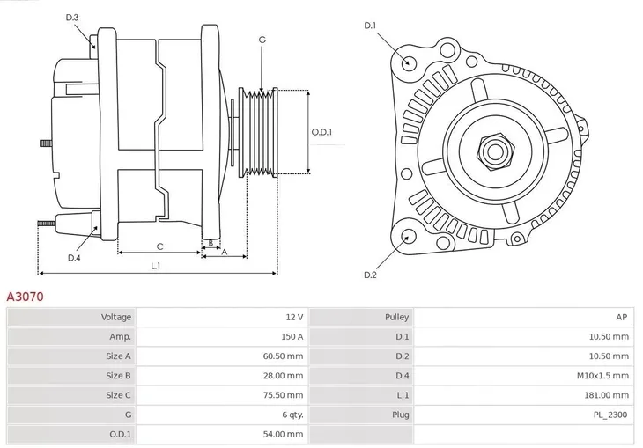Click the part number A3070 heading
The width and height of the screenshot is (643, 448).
(26, 297)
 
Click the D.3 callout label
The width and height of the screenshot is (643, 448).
(72, 18)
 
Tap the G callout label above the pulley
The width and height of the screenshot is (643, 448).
(262, 40)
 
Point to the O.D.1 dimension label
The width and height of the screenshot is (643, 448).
(322, 132)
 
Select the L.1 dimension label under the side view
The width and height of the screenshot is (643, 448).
(155, 265)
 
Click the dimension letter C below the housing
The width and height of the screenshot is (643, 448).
(159, 246)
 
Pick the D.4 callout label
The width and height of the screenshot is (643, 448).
(74, 258)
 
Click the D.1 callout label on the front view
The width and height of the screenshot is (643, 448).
(370, 26)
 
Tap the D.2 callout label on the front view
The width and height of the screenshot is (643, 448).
(370, 275)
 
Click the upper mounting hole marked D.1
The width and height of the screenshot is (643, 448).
(408, 62)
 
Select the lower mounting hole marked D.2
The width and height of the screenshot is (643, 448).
(408, 236)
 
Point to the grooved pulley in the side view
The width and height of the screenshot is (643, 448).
(260, 132)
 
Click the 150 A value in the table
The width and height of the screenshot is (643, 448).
(292, 336)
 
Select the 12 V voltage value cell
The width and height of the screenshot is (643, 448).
(294, 317)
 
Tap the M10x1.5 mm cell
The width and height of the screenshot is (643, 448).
(602, 376)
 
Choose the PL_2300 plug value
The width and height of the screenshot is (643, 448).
(610, 415)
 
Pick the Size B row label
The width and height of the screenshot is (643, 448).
(119, 376)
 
